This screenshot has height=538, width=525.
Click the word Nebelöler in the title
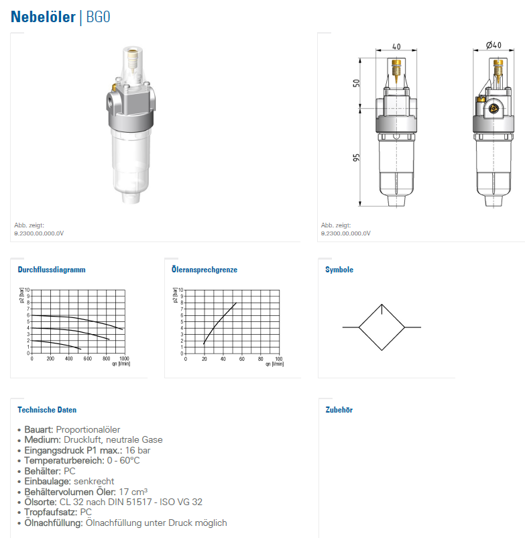coord(43,17)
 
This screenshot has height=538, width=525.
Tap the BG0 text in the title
coord(98,17)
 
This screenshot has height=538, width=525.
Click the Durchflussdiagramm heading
coord(52,270)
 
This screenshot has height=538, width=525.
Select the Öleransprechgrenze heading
coord(205,270)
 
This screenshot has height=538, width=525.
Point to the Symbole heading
coord(339,270)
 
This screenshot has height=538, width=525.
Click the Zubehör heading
coord(339,410)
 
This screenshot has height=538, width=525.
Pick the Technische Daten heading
coord(47,410)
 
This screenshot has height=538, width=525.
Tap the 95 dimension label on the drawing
coord(356,158)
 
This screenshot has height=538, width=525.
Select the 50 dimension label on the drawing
coord(356,83)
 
